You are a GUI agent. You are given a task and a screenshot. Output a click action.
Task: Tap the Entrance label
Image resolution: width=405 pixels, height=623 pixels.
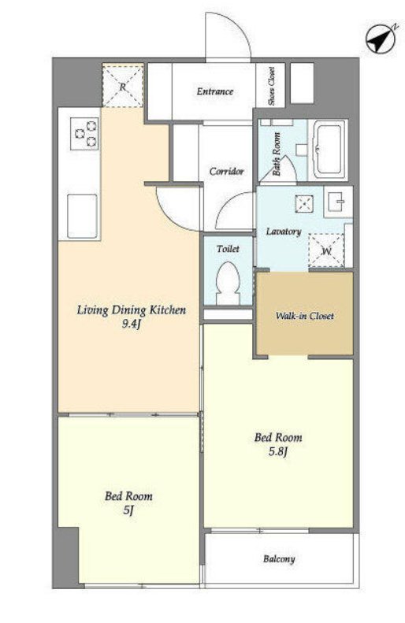click(215, 91)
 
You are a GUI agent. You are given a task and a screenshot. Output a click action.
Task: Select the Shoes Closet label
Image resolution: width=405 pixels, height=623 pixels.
click(272, 86)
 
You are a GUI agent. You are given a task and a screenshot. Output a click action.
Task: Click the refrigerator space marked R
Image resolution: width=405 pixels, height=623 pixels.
click(123, 86)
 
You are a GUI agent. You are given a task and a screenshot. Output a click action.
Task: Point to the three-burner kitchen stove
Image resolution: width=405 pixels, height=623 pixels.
click(84, 134)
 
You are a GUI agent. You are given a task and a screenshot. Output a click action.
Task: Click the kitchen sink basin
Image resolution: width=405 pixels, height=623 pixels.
click(82, 216)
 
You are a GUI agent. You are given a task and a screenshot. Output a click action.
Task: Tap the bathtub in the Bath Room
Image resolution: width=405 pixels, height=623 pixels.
click(329, 150)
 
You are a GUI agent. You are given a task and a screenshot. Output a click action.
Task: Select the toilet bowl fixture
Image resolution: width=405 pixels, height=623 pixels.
click(229, 283)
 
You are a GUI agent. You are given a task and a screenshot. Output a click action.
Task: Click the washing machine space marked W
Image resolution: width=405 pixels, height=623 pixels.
click(326, 250)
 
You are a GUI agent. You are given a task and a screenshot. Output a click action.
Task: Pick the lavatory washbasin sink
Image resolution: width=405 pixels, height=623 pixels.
click(338, 202)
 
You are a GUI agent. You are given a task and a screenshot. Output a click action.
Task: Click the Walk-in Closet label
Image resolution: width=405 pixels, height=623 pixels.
click(304, 317)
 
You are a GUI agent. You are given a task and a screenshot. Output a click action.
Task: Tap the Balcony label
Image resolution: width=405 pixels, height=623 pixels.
click(279, 559)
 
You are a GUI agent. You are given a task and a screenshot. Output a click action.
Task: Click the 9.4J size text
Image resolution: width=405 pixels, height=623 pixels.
click(132, 324)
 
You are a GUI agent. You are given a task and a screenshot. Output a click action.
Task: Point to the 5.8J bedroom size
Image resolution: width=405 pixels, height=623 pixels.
click(278, 452)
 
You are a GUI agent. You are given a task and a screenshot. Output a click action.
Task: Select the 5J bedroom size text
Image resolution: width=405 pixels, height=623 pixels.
click(128, 510)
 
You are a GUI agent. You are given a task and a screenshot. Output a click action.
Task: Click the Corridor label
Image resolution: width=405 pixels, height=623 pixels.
click(227, 172)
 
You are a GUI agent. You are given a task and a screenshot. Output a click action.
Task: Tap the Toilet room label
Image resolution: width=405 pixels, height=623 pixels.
click(229, 249)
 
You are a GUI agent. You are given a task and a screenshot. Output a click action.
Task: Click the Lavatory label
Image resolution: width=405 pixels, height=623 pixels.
click(284, 232)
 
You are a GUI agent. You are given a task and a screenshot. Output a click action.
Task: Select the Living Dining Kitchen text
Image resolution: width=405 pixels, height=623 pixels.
click(132, 310)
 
